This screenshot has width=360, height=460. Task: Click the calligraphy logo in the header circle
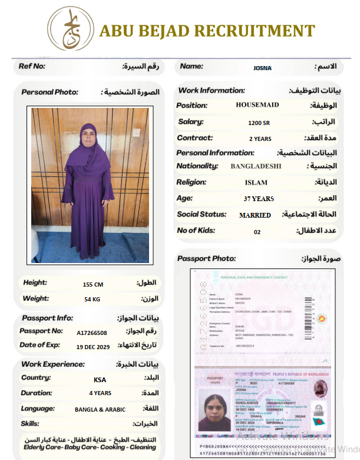click(x=70, y=28)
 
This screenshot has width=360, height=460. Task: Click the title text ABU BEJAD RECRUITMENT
click(x=207, y=31)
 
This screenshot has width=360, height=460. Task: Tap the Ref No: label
click(x=32, y=66)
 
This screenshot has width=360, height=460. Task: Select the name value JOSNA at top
click(x=262, y=68)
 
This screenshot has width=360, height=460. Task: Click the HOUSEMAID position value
click(x=257, y=105)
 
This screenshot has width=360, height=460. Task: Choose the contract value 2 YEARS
click(x=260, y=139)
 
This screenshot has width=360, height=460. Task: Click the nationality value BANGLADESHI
click(x=256, y=166)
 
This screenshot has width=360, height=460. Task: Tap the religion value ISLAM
click(x=256, y=183)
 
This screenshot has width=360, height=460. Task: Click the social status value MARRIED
click(x=255, y=215)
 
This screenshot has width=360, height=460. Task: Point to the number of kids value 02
click(x=257, y=232)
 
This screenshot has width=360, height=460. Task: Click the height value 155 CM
click(x=93, y=284)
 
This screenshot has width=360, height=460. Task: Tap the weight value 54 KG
click(x=92, y=300)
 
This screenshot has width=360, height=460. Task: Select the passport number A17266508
click(x=92, y=333)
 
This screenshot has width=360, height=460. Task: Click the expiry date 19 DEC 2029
click(x=93, y=347)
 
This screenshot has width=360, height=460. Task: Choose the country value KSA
click(x=100, y=380)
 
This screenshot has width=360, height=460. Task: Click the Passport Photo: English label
click(x=206, y=258)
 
